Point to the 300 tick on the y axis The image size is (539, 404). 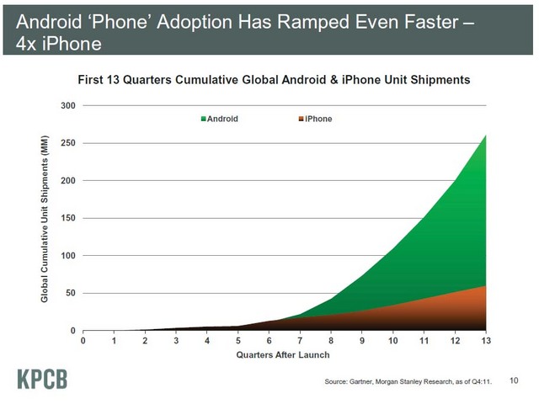(67, 106)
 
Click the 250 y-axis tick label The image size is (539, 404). (67, 143)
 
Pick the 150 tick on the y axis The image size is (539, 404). (67, 218)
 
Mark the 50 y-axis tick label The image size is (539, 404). (70, 293)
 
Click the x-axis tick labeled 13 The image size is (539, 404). (486, 342)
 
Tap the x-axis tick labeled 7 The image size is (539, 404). (300, 342)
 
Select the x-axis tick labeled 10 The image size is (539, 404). (392, 342)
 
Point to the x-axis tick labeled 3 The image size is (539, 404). (176, 342)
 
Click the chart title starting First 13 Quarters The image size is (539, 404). (274, 80)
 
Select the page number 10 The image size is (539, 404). (514, 381)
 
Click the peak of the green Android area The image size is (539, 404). (486, 136)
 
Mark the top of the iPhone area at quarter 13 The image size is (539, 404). (486, 286)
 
